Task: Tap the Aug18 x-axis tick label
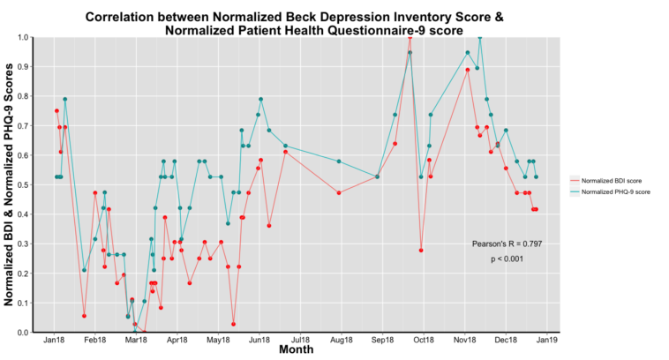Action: [342, 340]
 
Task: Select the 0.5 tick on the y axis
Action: [23, 184]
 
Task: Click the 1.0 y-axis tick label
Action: [23, 37]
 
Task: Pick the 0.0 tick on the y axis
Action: [23, 333]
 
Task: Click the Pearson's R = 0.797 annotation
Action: [507, 243]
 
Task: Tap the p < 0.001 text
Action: [507, 259]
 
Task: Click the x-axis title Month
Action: [297, 350]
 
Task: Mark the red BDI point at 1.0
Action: [410, 37]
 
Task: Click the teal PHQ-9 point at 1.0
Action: [479, 37]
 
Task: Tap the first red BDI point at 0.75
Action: [56, 111]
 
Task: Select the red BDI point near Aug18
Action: [339, 192]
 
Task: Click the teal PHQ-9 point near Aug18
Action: [339, 161]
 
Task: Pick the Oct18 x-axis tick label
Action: [424, 340]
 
